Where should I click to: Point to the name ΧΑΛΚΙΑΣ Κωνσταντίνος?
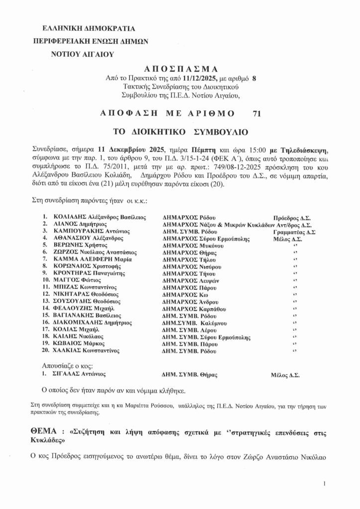point(87,351)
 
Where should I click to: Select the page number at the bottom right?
point(324,483)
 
